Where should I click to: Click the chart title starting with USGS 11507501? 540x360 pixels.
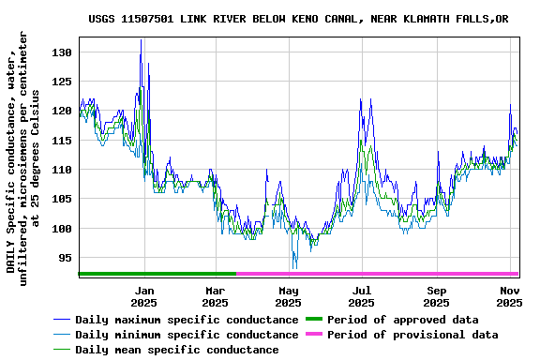coord(299,19)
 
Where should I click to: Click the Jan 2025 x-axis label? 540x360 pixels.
coord(143,296)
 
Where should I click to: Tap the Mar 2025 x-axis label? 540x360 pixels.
coord(216,296)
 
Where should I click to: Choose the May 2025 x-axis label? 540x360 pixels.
coord(289,296)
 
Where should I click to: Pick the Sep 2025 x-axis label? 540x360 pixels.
coord(436,296)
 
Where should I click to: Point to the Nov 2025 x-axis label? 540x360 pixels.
coord(509,296)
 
